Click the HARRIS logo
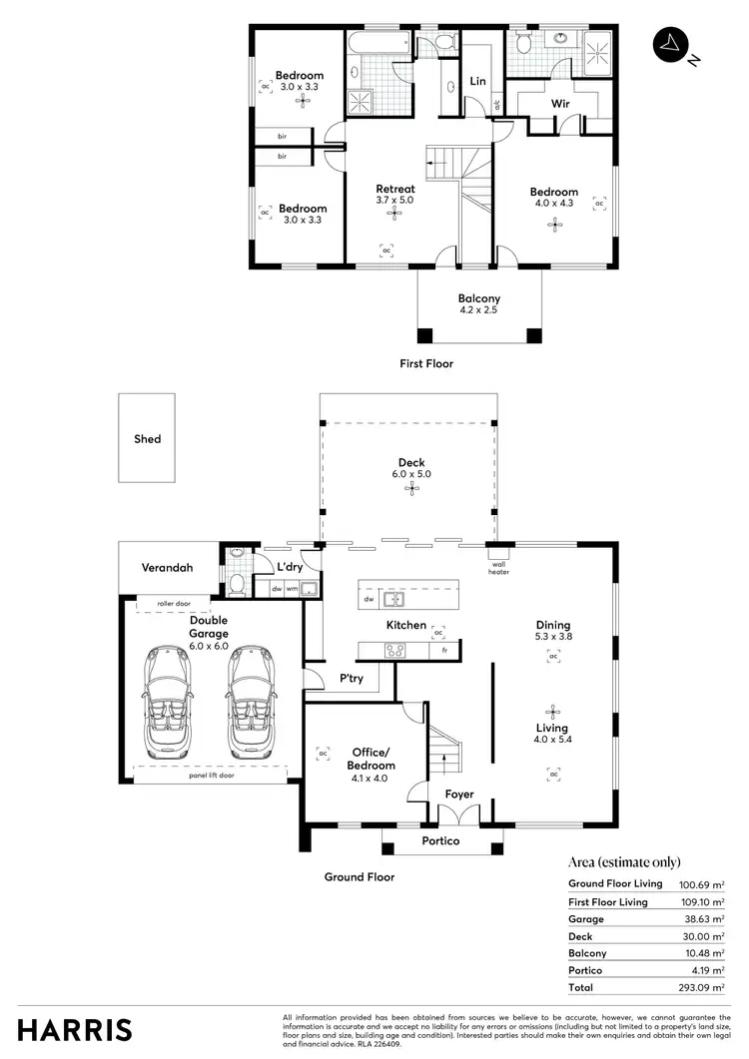click(x=75, y=1028)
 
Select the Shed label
click(x=147, y=439)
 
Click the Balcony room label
click(x=479, y=298)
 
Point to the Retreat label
click(x=395, y=189)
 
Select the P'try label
click(x=351, y=679)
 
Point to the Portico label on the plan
click(x=440, y=841)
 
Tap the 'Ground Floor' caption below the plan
click(x=360, y=877)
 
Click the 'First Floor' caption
click(x=426, y=364)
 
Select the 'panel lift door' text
click(x=211, y=775)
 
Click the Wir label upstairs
click(x=560, y=103)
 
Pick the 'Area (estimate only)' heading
click(x=624, y=862)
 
